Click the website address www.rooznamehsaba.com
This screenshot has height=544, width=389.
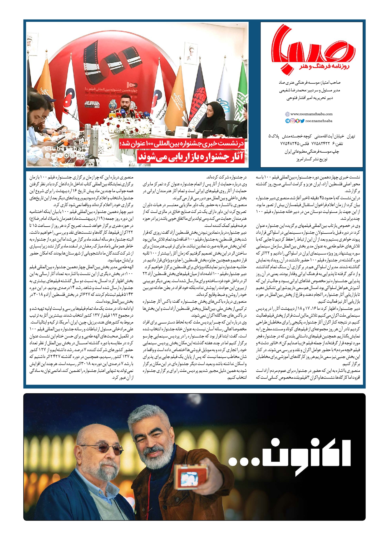click(x=311, y=114)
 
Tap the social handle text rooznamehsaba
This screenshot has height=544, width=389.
click(x=319, y=121)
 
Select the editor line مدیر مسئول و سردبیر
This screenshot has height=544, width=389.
click(x=309, y=90)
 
